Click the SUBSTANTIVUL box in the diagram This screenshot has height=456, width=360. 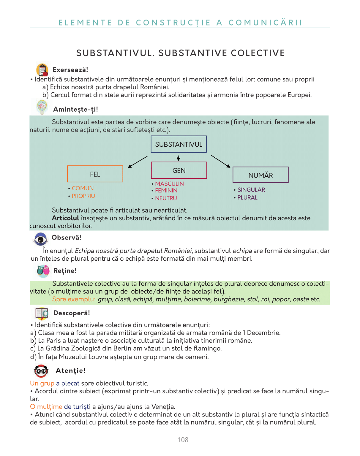(x=179, y=144)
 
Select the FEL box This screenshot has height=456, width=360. (x=95, y=174)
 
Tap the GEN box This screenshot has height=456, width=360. (x=179, y=170)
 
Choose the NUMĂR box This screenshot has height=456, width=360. (x=260, y=175)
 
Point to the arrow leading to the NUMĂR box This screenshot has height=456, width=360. (x=221, y=161)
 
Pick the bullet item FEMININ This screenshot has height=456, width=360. (x=166, y=191)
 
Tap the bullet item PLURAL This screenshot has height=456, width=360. (x=247, y=198)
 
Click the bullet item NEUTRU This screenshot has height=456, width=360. (x=166, y=198)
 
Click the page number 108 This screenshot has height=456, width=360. (x=183, y=440)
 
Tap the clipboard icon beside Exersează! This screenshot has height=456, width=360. (x=42, y=70)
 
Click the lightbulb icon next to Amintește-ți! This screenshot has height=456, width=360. (x=42, y=107)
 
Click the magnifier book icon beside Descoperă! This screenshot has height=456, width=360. (x=42, y=313)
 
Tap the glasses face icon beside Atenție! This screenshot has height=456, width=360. (x=41, y=371)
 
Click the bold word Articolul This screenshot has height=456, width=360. (x=65, y=218)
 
